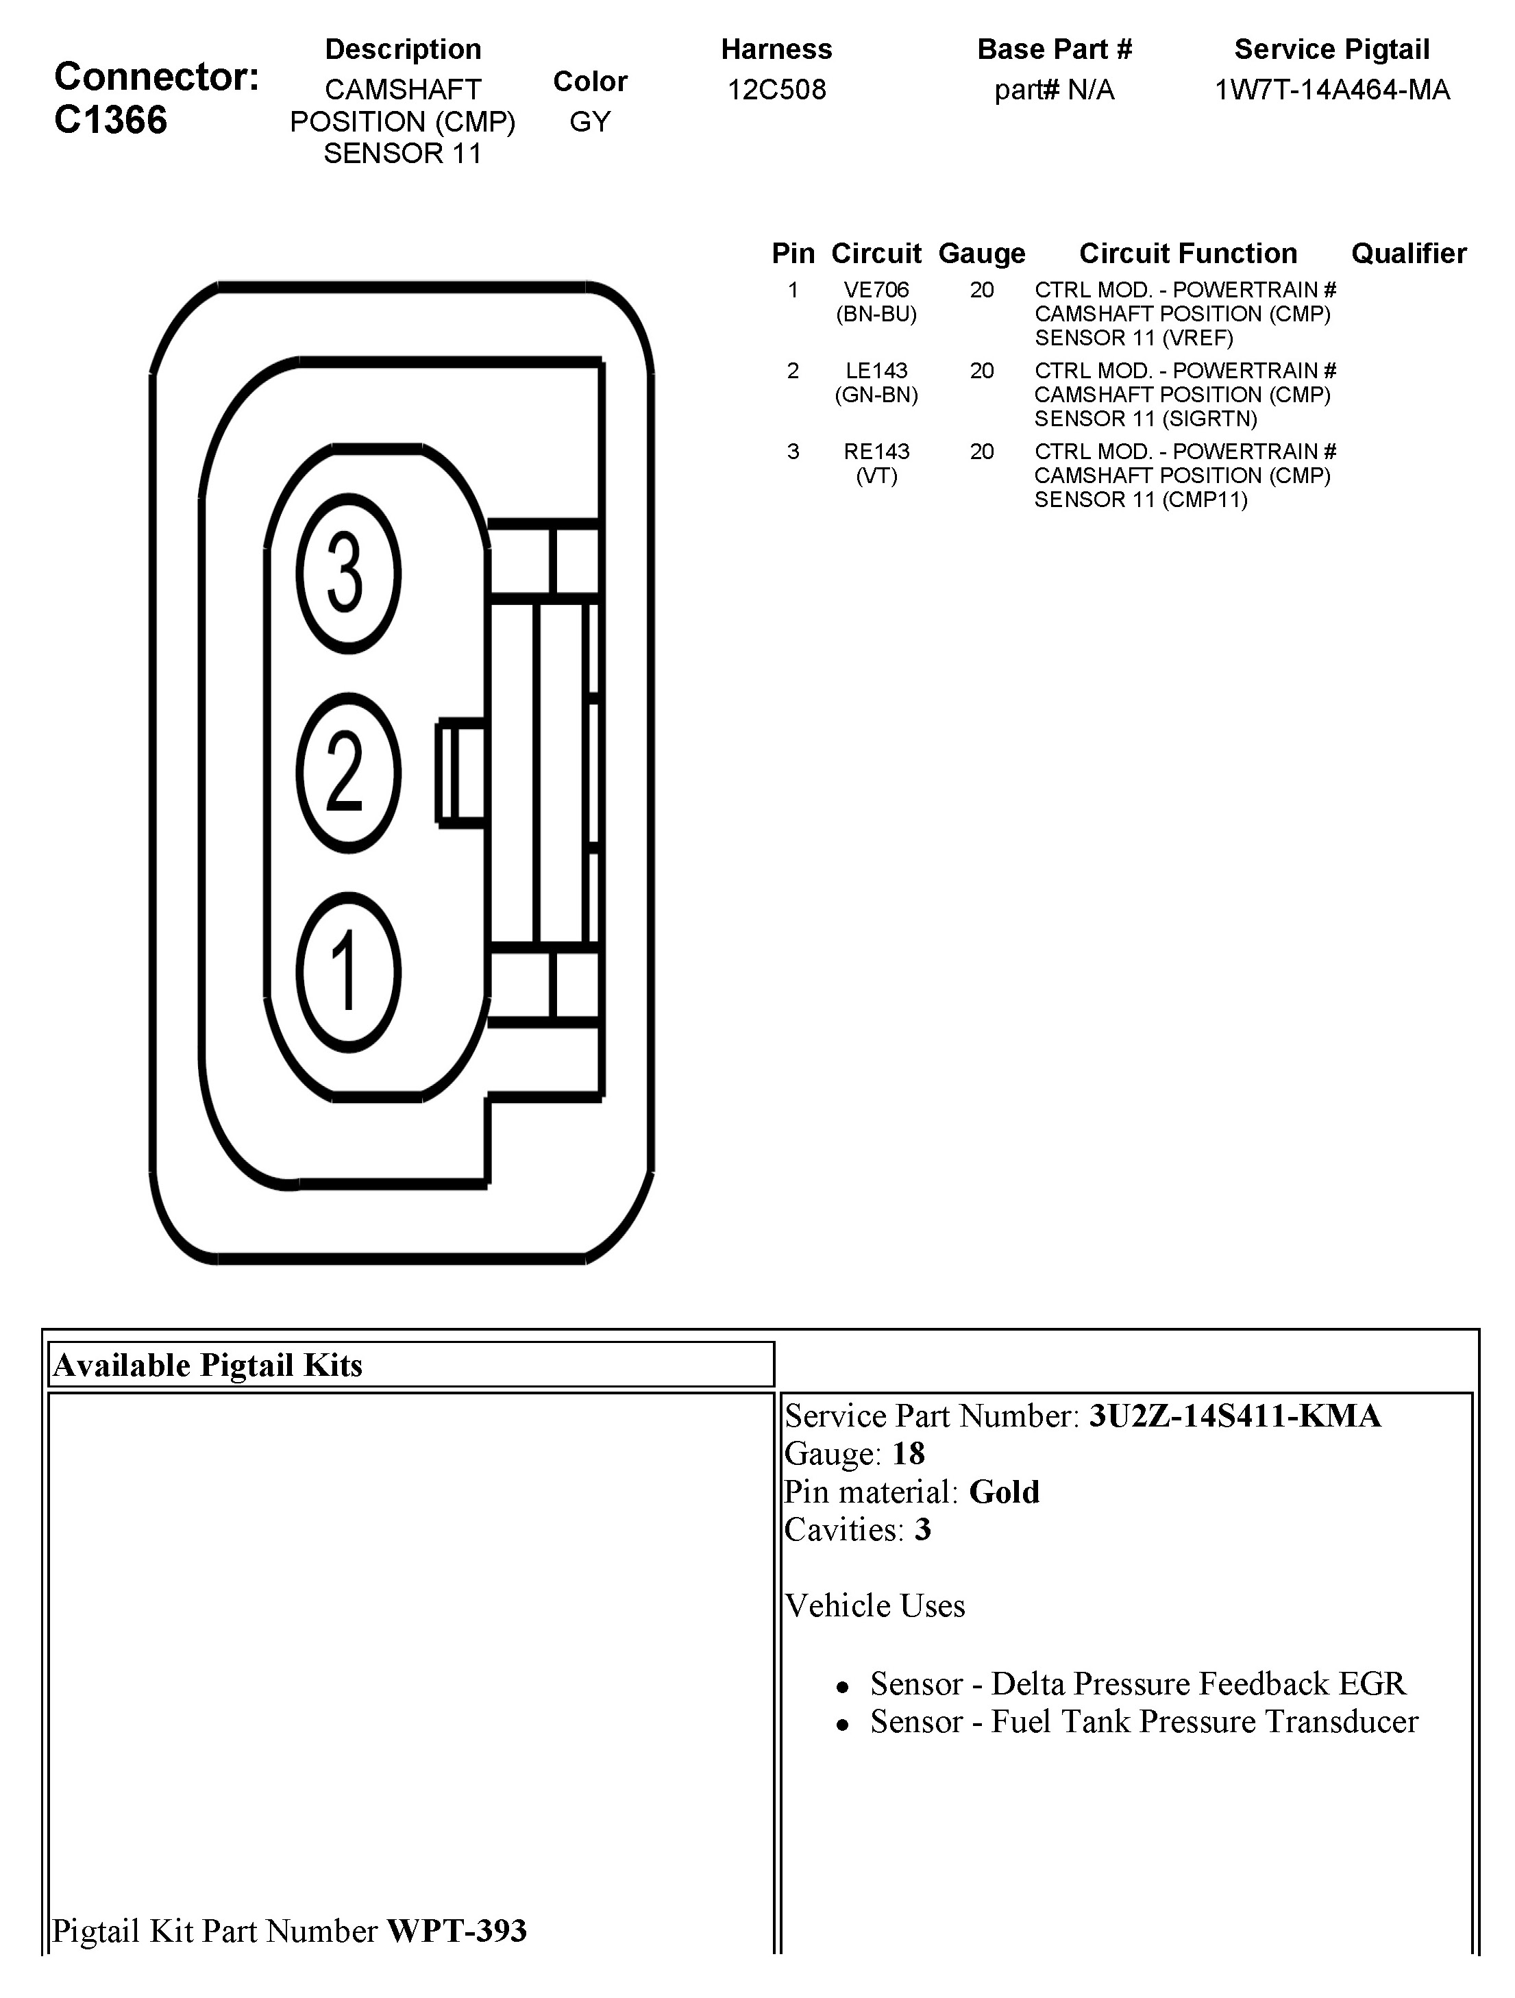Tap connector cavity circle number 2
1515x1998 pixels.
348,773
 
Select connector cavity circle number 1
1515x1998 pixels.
348,973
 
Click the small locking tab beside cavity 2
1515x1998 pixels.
460,772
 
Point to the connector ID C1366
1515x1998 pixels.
110,120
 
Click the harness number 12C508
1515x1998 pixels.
776,90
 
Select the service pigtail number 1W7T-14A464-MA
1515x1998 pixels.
1331,90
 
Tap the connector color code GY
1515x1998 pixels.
590,121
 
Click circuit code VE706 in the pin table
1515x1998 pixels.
876,290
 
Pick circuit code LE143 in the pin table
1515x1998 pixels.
876,370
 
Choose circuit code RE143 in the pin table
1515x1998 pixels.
876,452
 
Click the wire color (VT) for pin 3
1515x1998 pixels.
876,476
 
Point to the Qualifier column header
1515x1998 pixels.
1408,254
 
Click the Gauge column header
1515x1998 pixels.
982,254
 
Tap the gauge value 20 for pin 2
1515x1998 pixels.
982,370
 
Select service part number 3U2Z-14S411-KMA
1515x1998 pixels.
1234,1416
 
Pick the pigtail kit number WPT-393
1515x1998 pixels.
456,1930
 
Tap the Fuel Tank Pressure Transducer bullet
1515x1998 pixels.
1144,1722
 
